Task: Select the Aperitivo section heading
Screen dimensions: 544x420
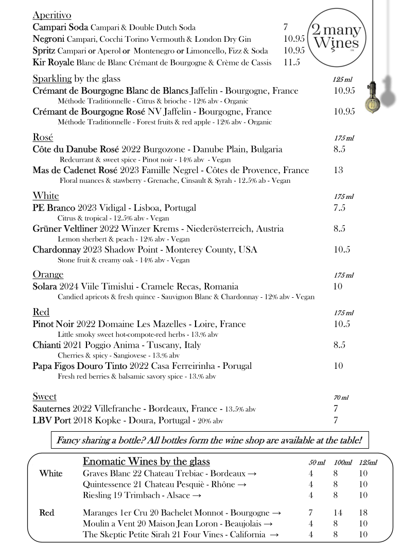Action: [x=52, y=15]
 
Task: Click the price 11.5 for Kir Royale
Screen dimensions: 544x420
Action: [x=291, y=62]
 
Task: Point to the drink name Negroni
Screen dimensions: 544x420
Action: [x=48, y=39]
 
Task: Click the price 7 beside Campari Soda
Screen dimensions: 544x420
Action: [x=285, y=27]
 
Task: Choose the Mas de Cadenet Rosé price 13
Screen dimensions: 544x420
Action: [x=338, y=171]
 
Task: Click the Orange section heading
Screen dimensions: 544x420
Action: [x=48, y=275]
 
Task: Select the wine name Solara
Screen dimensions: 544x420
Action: [x=45, y=286]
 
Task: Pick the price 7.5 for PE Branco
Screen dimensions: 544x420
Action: [x=339, y=208]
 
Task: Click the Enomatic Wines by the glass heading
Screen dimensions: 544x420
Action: [x=146, y=461]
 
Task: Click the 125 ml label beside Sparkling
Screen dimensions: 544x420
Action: [x=342, y=80]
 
